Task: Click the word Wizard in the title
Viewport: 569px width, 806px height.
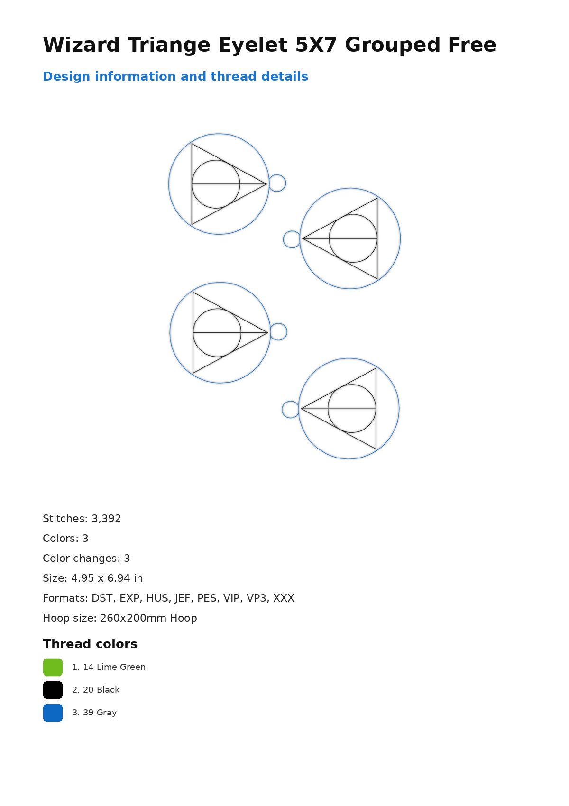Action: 82,45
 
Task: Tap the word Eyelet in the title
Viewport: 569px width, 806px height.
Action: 253,45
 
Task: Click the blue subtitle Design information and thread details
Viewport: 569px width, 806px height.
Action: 175,76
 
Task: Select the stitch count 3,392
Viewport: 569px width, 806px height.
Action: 106,519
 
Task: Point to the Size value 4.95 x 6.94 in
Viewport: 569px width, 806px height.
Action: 107,578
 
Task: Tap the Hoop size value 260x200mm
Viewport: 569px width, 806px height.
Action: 133,618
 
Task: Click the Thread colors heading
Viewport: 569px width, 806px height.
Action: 90,644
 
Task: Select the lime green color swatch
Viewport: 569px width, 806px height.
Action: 53,667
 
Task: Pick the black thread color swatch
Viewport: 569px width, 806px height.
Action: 53,690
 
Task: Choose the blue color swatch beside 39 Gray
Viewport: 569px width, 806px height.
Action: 53,713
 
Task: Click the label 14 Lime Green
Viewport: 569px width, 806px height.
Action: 114,667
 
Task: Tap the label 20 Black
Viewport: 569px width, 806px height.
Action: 101,690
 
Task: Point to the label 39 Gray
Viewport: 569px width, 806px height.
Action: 100,713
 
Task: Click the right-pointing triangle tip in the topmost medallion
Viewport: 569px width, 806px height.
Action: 266,184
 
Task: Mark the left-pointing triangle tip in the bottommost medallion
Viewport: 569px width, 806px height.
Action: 301,409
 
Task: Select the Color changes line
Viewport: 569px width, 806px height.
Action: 86,558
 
